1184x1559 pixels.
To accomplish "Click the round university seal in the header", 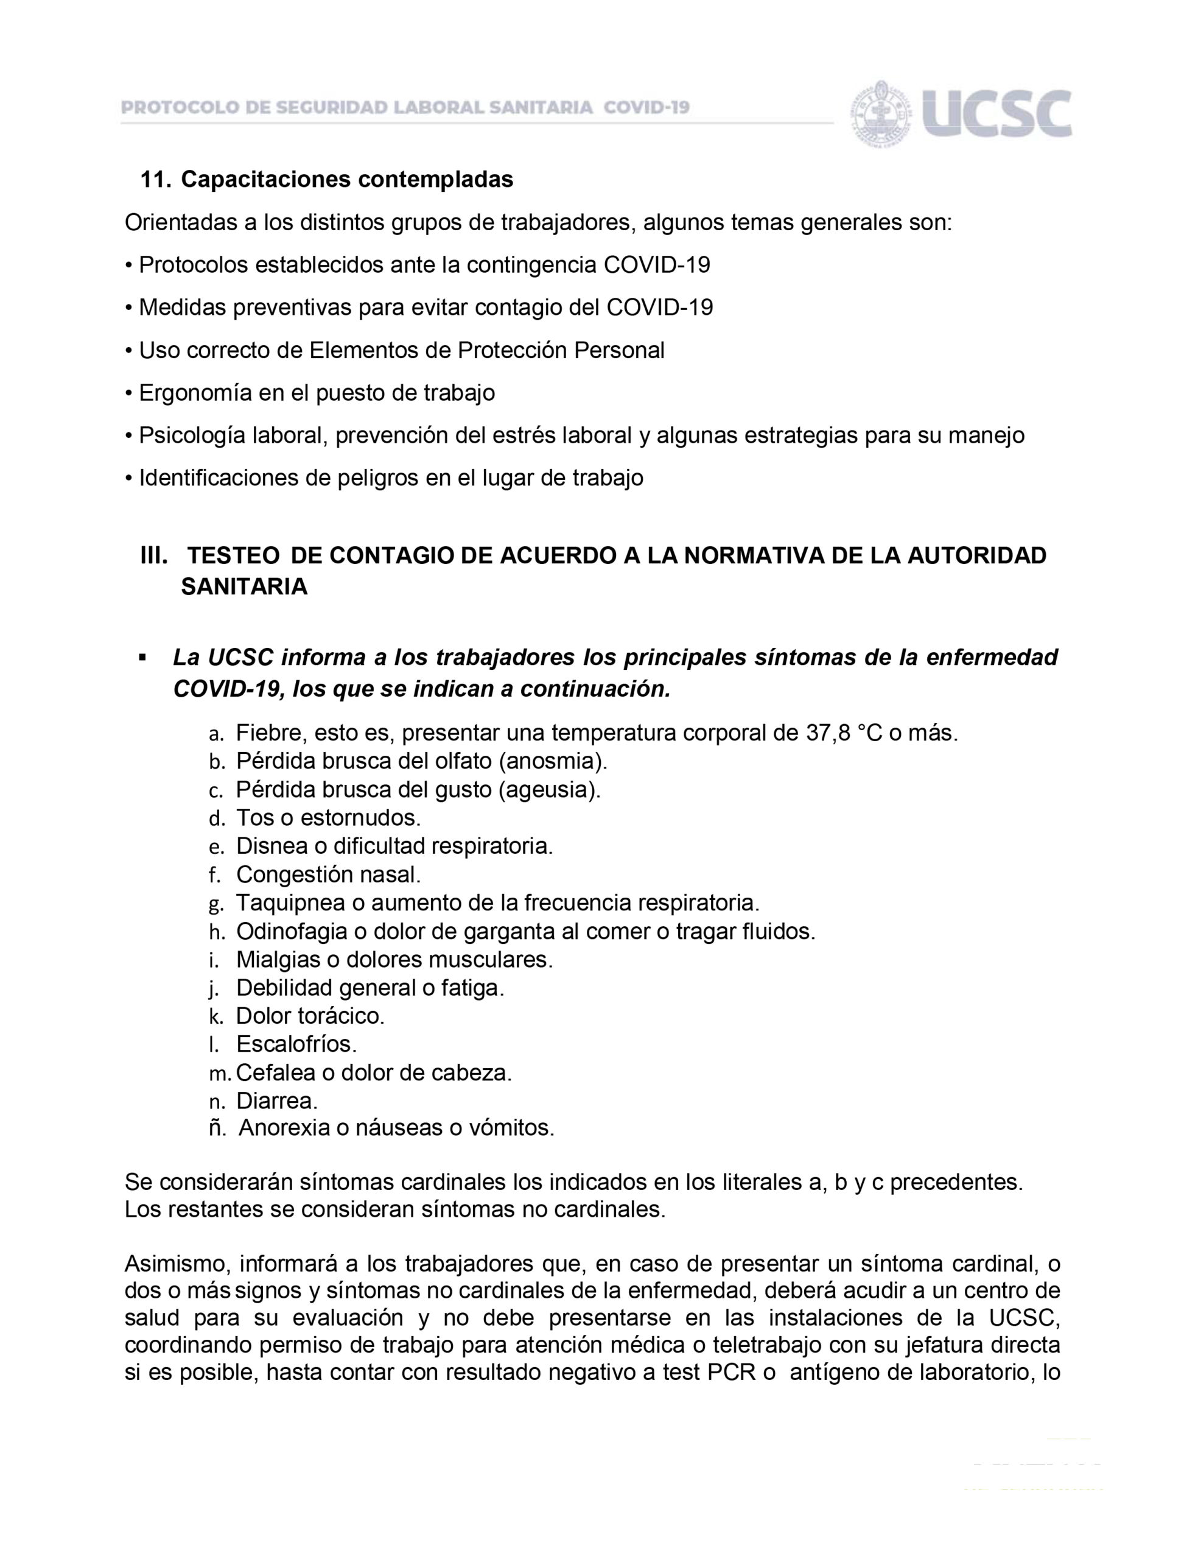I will [x=881, y=113].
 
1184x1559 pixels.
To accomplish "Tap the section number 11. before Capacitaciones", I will [x=156, y=180].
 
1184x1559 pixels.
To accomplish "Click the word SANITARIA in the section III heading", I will [x=244, y=586].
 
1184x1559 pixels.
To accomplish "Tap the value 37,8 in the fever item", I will [x=828, y=733].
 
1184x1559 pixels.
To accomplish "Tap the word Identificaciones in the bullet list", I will [x=218, y=478].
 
